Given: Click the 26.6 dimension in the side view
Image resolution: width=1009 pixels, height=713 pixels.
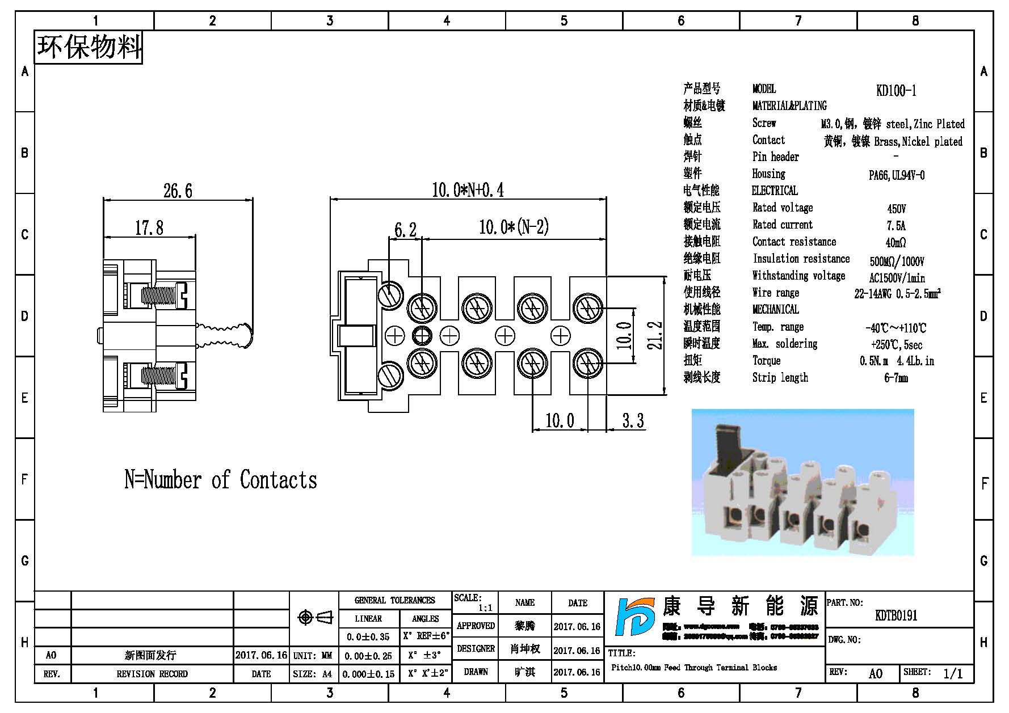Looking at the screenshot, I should [x=178, y=191].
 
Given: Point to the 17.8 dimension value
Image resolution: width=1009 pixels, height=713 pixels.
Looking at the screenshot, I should [x=149, y=228].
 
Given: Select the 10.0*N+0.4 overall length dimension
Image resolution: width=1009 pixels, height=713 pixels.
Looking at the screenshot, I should [x=468, y=190].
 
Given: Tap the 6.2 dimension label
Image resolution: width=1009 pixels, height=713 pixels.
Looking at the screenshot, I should [x=405, y=230].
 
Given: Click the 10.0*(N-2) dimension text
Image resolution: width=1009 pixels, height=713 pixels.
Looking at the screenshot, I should [x=514, y=227].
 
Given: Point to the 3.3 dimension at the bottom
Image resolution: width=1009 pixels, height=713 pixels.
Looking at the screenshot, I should [x=633, y=421].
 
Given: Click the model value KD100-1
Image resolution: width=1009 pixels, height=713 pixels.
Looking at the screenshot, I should [x=896, y=91].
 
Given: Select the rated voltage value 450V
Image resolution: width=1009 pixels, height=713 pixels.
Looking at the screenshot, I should [x=896, y=209].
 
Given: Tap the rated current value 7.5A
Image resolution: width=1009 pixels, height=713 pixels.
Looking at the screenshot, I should [x=896, y=226].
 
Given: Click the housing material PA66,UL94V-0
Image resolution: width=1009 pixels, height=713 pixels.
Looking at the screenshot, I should [x=896, y=175].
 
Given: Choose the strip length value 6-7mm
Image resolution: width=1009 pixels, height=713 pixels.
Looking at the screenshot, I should [x=896, y=378].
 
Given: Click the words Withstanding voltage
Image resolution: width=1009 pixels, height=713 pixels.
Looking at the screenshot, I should [x=798, y=276].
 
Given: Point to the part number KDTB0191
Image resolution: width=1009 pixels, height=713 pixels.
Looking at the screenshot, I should [x=896, y=615].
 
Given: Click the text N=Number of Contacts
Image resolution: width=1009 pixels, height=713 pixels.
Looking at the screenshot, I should [x=221, y=480].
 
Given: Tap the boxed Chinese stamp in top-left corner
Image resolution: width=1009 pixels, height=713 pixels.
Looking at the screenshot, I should [x=89, y=47].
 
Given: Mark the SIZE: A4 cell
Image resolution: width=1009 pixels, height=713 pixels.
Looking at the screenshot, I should [x=313, y=674].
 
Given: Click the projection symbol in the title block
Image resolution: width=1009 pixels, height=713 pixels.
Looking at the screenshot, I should [x=314, y=617].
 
